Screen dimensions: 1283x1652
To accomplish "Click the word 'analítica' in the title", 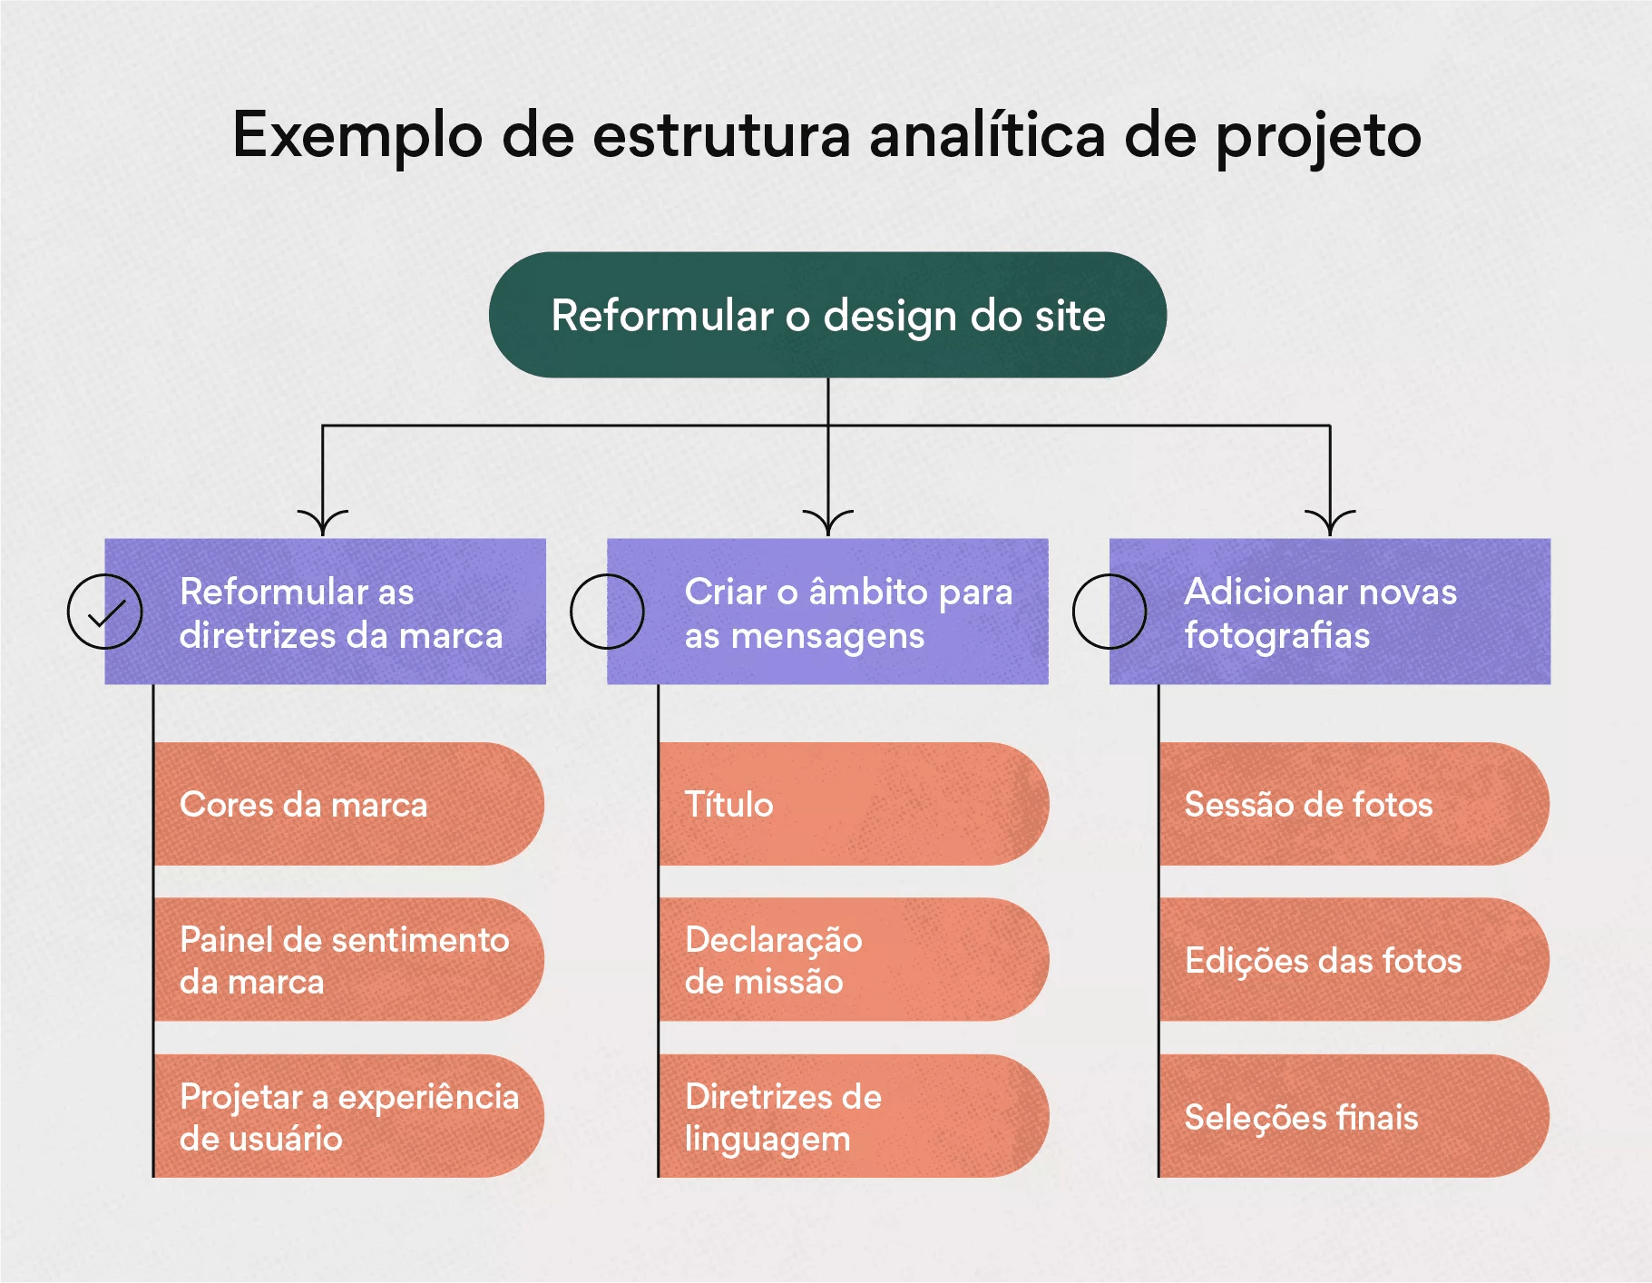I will (x=987, y=136).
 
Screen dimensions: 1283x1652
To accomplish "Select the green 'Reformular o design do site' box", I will (x=827, y=315).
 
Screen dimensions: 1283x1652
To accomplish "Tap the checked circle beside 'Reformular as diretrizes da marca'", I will (x=105, y=612).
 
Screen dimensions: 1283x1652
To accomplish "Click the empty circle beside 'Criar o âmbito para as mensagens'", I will (x=607, y=612).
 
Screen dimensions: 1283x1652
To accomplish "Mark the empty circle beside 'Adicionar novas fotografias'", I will (x=1109, y=612).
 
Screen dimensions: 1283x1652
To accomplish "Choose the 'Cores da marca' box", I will (x=348, y=804).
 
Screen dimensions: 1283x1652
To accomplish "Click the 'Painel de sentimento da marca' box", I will (x=348, y=960).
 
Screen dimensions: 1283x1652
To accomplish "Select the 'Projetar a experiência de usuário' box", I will (x=348, y=1116).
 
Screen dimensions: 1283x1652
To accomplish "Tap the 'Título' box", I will (x=853, y=804).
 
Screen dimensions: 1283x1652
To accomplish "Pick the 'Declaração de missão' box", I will (x=853, y=960).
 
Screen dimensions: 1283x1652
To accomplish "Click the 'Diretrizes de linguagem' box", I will (x=853, y=1116).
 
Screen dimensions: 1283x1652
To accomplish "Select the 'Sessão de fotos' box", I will (x=1354, y=804).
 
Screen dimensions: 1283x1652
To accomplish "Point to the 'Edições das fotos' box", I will (x=1354, y=960).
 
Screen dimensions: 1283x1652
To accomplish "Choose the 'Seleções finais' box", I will (x=1354, y=1116).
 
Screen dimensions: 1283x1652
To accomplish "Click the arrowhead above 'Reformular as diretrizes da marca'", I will (x=323, y=524).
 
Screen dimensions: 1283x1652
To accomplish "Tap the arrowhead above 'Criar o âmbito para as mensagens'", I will (x=828, y=524).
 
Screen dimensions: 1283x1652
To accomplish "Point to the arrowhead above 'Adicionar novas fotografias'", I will (x=1330, y=524).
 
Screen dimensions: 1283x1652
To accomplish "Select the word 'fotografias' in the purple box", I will (x=1277, y=636).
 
